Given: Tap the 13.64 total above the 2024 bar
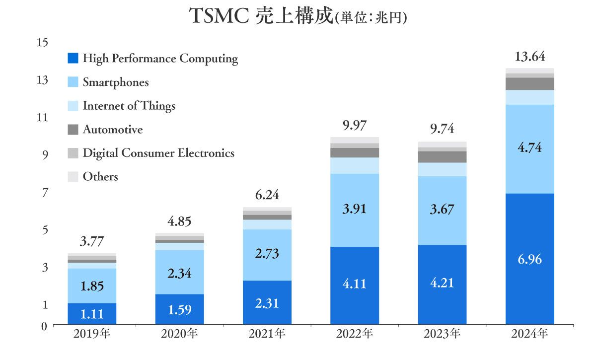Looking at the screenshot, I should point(529,57).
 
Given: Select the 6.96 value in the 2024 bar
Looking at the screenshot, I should point(529,259).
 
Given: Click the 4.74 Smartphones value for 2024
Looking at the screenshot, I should point(529,148).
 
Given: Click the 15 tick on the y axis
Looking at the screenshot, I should point(43,42).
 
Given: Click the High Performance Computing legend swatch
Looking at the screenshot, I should point(73,59).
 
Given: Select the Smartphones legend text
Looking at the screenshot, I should point(116,82).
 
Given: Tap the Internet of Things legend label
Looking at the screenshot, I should point(129,106).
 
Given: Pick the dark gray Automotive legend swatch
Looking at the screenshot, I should point(73,130).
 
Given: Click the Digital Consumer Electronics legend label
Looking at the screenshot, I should point(158,153).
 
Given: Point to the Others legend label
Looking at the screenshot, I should point(100,177).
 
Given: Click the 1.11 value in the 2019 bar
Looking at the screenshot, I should point(92,314).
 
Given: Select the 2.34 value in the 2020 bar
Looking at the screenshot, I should point(179,273).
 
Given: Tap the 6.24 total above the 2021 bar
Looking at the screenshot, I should point(267,195).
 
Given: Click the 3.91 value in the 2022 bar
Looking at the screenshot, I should point(355,209).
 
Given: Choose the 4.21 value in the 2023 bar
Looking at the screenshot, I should point(442,283).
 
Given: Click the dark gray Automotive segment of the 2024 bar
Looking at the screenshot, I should point(529,83).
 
